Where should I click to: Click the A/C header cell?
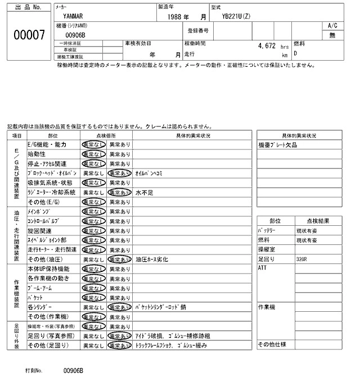(x=332, y=26)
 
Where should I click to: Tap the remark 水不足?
(x=144, y=192)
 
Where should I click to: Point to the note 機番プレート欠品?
(x=277, y=144)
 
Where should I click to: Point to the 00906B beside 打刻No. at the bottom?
(x=73, y=371)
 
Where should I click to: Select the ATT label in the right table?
(x=262, y=269)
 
